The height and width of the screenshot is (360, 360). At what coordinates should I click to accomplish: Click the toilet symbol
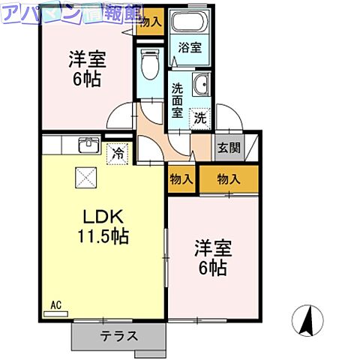(149, 65)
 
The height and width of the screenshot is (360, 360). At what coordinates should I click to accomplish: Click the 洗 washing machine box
(199, 117)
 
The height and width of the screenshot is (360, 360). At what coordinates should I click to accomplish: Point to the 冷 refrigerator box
(118, 154)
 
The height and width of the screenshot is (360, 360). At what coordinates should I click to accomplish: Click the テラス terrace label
(118, 336)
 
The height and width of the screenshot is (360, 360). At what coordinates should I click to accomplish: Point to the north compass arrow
(308, 320)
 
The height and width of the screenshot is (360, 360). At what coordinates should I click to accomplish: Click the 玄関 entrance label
(229, 147)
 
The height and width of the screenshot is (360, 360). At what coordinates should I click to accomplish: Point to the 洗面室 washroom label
(178, 99)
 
